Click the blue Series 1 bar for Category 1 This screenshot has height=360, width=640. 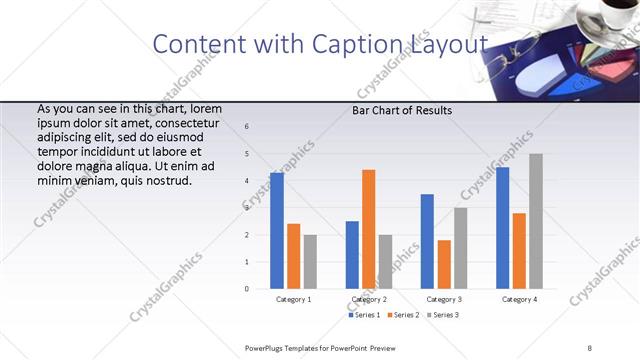276,231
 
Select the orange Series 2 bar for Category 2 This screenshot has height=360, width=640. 368,229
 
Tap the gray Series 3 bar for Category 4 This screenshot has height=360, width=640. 536,221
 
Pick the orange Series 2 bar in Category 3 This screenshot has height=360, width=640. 444,264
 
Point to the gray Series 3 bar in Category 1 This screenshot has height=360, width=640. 310,262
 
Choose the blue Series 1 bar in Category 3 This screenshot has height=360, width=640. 427,241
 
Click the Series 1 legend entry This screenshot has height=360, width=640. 365,315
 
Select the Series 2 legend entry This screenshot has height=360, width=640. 402,315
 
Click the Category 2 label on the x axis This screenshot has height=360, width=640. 369,299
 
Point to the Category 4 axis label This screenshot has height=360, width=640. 519,299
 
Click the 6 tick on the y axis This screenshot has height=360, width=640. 247,126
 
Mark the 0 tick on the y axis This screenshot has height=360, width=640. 247,289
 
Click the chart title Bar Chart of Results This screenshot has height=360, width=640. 402,110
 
